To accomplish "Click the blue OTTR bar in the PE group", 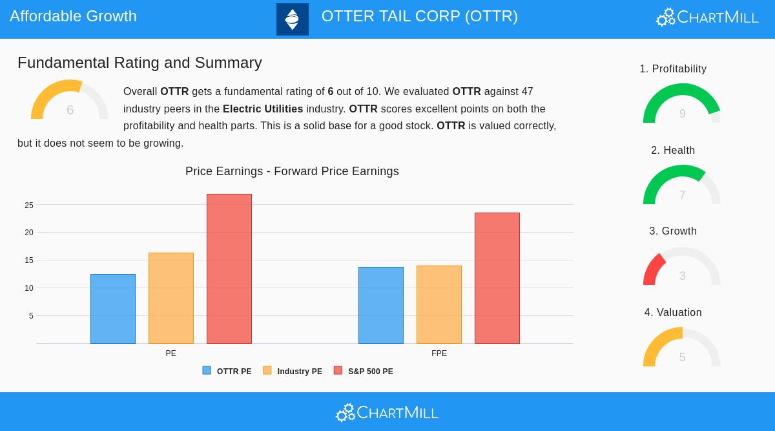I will click(x=113, y=309).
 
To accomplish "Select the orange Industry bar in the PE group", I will click(x=171, y=298).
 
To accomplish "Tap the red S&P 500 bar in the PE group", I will click(x=229, y=269).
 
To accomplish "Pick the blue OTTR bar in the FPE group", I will click(x=381, y=305).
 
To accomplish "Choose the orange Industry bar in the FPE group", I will click(x=439, y=304).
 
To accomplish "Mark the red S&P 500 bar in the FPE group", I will click(x=497, y=278).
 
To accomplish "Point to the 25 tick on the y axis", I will click(x=29, y=205).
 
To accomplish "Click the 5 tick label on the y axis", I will click(x=31, y=316).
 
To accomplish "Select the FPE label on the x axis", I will click(x=439, y=353).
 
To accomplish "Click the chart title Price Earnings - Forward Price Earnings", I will click(x=292, y=171).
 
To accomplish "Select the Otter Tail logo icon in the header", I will click(x=293, y=19).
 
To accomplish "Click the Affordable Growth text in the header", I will click(x=73, y=16).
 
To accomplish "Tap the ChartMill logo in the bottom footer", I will click(x=387, y=412).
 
